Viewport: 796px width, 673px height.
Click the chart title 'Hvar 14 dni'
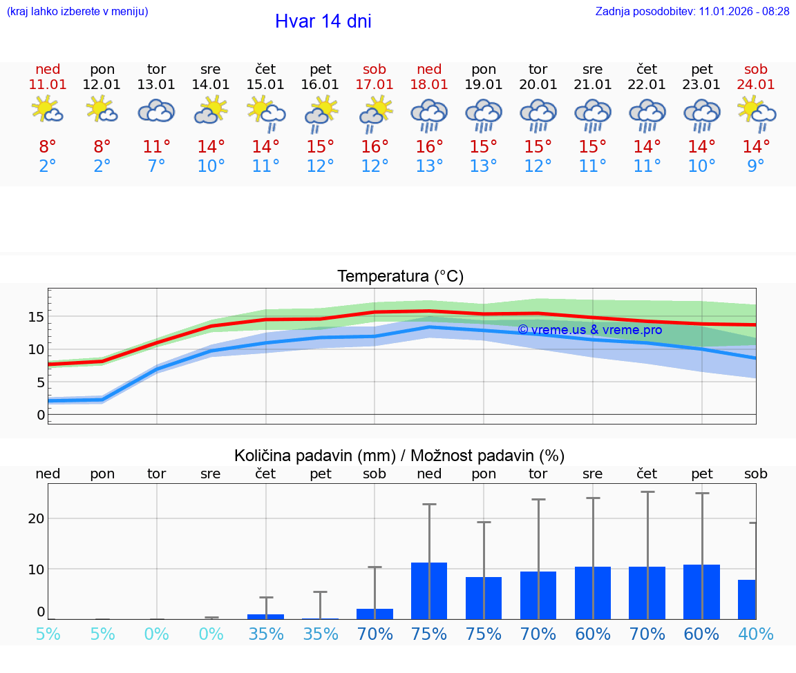click(323, 21)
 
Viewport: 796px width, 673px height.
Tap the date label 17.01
click(375, 85)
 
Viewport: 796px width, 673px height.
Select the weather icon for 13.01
click(157, 110)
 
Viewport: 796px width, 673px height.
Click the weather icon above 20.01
click(538, 114)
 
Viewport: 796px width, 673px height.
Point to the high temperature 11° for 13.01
click(157, 147)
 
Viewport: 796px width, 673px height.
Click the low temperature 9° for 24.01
click(756, 166)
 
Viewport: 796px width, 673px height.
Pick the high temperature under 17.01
click(375, 147)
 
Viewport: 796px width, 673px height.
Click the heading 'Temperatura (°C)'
click(400, 277)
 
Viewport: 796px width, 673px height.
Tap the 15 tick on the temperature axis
click(37, 317)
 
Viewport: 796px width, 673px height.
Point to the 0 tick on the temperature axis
click(41, 415)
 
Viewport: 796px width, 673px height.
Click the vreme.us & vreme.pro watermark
click(589, 330)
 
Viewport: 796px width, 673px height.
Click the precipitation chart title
click(399, 456)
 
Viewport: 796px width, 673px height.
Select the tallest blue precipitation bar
click(429, 591)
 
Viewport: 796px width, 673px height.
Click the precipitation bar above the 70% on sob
click(375, 614)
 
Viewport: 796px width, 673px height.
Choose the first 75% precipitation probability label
click(429, 634)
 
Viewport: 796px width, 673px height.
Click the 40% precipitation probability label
click(756, 634)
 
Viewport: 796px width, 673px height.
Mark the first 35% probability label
click(266, 634)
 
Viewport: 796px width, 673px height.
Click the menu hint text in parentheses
click(77, 12)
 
